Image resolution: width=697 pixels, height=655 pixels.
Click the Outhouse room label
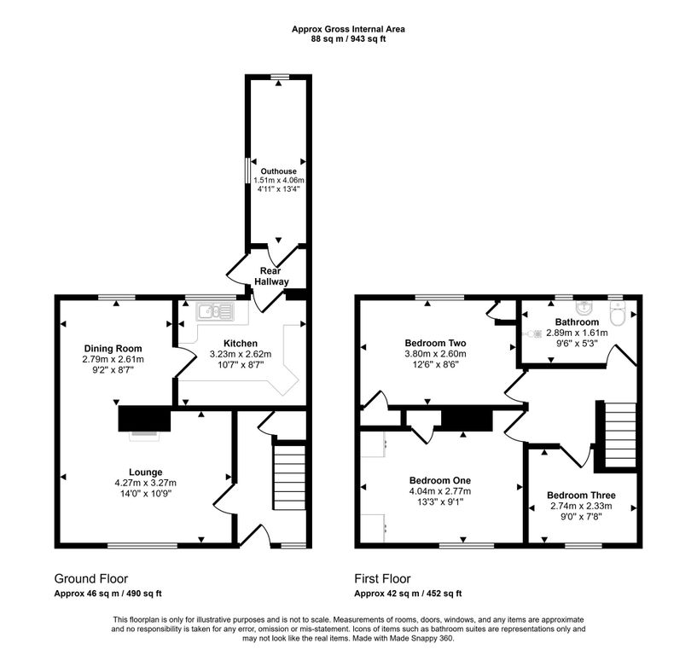278,171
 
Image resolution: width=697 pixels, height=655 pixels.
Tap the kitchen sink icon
215,311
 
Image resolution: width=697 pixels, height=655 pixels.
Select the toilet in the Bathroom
618,314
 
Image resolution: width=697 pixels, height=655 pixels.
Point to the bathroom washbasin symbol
583,307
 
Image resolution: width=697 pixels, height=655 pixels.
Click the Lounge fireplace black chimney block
144,419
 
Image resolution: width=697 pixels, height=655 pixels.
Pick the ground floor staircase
289,478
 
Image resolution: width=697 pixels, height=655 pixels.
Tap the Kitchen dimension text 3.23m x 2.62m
241,354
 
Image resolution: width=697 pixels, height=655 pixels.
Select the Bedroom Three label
581,495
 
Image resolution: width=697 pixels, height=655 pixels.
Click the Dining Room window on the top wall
117,297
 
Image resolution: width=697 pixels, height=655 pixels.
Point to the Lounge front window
142,545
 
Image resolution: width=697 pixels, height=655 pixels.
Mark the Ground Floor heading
91,578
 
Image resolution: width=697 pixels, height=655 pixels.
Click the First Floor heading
382,578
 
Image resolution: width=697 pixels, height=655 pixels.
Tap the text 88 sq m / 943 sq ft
348,38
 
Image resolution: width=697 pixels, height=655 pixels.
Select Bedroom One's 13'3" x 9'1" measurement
440,502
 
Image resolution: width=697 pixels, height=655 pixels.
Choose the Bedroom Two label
435,343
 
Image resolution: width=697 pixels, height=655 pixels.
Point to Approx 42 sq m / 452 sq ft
408,594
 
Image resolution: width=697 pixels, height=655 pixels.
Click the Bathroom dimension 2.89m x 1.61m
577,333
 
